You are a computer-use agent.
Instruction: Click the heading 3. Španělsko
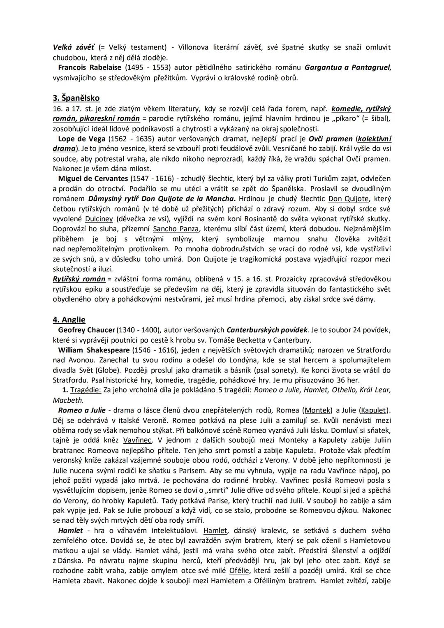click(x=76, y=98)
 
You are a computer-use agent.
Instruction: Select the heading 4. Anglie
click(x=69, y=320)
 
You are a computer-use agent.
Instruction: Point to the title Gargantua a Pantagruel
click(x=347, y=67)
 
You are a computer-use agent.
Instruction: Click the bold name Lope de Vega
click(x=82, y=139)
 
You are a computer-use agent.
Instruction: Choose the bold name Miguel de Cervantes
click(x=93, y=178)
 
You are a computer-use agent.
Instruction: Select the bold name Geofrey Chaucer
click(x=86, y=330)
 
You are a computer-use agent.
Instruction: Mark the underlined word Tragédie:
click(x=86, y=390)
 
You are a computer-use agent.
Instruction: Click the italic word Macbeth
click(x=68, y=400)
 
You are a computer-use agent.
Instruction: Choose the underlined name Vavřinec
click(x=137, y=440)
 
